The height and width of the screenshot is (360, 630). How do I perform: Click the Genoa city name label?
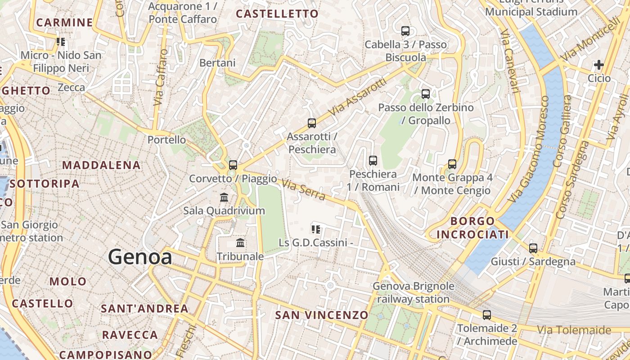[x=140, y=257]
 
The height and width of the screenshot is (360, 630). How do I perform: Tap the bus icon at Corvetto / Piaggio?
[x=233, y=165]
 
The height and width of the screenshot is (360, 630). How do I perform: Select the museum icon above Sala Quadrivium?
[x=224, y=197]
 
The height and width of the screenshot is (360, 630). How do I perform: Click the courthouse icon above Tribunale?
[x=240, y=243]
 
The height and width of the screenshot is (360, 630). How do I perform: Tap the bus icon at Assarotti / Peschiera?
[x=311, y=123]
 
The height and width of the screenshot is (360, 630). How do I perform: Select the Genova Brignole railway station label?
[x=413, y=292]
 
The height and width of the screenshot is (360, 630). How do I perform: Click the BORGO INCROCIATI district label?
[x=472, y=228]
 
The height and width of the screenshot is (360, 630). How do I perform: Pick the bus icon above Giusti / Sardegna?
[x=533, y=248]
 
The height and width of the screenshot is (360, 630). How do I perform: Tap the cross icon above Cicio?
[x=599, y=65]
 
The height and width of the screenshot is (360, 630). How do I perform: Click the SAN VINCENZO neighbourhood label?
[x=321, y=315]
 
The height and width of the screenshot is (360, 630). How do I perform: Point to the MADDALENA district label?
[x=101, y=165]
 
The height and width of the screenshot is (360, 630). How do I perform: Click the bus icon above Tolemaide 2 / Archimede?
[x=487, y=315]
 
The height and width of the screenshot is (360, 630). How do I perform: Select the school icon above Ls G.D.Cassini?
[x=316, y=229]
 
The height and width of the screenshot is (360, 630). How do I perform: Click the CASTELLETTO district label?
[x=277, y=14]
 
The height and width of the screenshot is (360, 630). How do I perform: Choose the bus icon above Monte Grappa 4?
[x=452, y=164]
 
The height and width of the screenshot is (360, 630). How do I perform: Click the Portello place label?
[x=166, y=140]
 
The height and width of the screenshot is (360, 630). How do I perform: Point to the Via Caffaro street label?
[x=160, y=77]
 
